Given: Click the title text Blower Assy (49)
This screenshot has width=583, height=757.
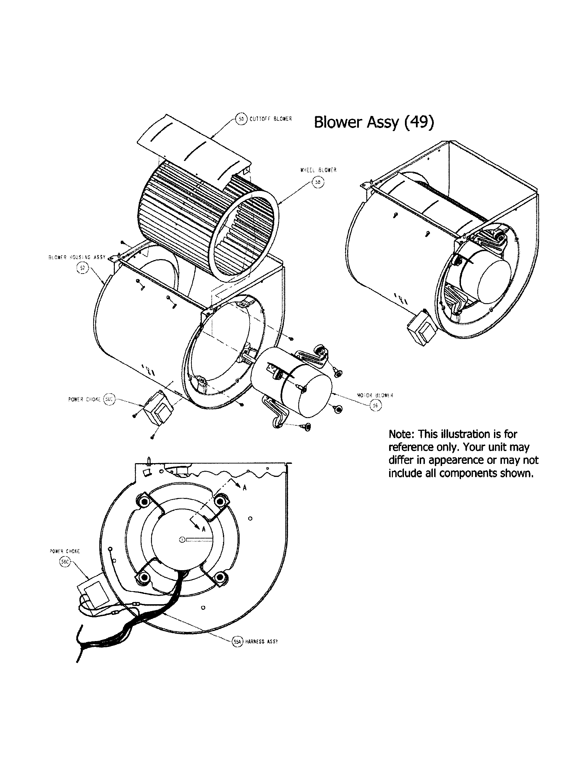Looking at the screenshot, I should click(373, 122).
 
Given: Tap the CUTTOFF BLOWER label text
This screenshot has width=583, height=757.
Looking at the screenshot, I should click(271, 119).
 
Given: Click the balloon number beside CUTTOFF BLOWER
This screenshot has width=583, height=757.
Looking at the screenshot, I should click(241, 119).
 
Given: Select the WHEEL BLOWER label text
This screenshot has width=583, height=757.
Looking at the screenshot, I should click(318, 170).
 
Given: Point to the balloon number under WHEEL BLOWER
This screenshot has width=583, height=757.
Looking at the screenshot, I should click(318, 182).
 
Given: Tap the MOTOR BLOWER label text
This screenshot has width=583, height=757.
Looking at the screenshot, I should click(375, 395).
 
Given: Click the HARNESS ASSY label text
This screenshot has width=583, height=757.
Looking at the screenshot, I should click(261, 642).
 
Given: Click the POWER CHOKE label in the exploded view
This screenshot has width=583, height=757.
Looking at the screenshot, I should click(84, 399).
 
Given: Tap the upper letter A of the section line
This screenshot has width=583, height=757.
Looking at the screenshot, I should click(244, 488).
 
